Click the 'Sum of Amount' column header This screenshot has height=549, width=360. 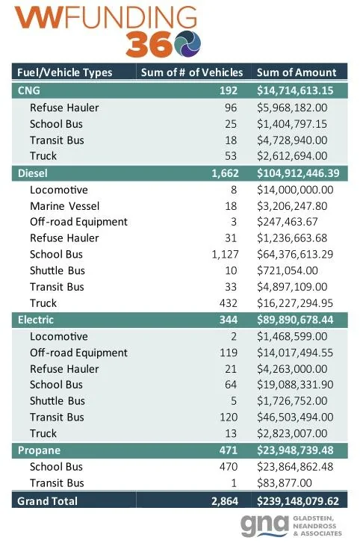coord(297,72)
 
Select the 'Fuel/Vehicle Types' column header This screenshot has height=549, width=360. coord(64,72)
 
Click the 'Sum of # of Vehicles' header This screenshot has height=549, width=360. coord(192,72)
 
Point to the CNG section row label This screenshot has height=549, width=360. coord(27,90)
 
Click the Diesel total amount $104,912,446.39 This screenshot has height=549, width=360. coord(297,173)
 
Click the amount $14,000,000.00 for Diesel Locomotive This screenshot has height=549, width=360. coord(295,189)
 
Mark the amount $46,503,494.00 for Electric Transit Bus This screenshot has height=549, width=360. coord(295,417)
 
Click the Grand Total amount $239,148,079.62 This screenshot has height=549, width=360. coord(297,500)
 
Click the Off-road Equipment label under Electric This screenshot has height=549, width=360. coord(78,353)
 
